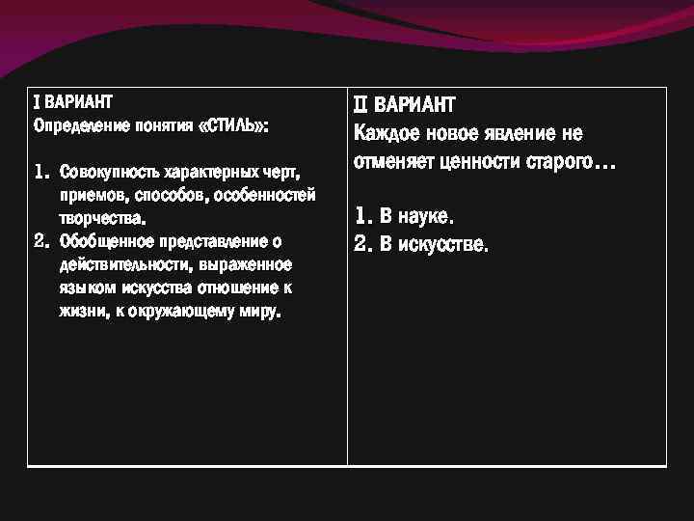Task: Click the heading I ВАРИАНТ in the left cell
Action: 73,101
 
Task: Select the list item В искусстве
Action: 435,244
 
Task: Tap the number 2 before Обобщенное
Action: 40,240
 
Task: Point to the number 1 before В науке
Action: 361,215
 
